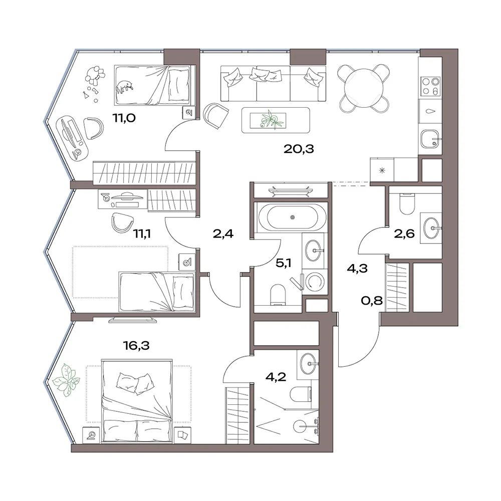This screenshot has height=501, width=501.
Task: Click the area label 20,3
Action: (299, 149)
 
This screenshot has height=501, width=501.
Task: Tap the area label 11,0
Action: (124, 118)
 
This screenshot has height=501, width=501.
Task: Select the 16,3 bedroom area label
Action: (136, 345)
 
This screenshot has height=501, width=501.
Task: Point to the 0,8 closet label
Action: (372, 300)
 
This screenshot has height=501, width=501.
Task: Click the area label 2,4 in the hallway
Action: (223, 234)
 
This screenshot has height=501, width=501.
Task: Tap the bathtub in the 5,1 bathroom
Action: (293, 217)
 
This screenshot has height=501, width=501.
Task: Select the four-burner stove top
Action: (430, 86)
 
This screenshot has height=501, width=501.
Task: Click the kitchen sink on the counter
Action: (431, 139)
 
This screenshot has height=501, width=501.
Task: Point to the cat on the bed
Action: (125, 87)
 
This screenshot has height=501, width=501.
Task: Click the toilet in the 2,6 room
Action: (407, 203)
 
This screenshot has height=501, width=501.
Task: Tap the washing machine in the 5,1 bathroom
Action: (315, 282)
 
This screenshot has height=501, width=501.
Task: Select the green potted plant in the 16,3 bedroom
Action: (66, 380)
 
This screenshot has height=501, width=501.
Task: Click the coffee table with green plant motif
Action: (276, 120)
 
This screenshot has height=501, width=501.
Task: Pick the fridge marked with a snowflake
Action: (382, 170)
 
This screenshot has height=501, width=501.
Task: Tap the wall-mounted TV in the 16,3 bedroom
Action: (133, 320)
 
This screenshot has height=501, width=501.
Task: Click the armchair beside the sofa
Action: (216, 115)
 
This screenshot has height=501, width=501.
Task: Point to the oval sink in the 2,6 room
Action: (432, 228)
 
